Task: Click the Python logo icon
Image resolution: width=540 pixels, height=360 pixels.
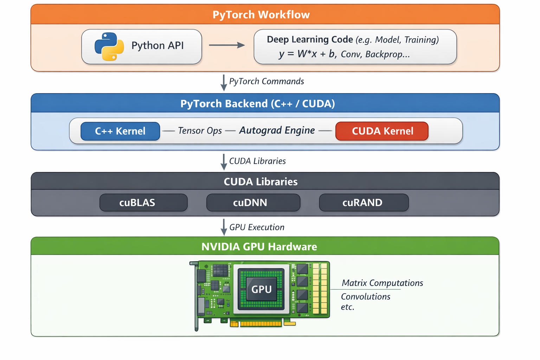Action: (x=109, y=46)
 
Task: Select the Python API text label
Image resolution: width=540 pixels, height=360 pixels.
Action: (x=157, y=46)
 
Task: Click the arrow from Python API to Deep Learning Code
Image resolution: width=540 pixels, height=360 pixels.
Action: (x=227, y=45)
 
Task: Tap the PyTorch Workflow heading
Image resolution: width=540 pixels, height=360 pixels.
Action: (x=261, y=15)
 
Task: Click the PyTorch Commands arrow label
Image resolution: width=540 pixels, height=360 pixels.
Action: (x=266, y=81)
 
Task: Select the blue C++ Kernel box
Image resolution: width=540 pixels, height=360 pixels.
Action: (x=120, y=131)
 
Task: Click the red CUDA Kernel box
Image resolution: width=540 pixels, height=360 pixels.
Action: (x=382, y=131)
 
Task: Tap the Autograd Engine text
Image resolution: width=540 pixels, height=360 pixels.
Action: (x=277, y=130)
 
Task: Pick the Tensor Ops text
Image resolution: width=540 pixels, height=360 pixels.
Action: (x=200, y=131)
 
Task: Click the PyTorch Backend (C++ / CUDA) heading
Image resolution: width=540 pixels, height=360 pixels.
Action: (x=257, y=104)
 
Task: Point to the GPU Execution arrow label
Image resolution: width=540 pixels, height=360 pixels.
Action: (x=257, y=227)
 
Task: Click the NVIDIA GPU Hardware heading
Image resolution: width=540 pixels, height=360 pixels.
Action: (x=259, y=246)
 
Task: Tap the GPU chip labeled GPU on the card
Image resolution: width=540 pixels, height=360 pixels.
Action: (x=261, y=289)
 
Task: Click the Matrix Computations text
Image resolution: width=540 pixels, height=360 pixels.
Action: (x=382, y=283)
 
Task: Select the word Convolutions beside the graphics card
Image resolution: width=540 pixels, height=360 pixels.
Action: (x=366, y=297)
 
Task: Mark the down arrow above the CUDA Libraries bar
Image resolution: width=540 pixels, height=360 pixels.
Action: (x=224, y=162)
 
